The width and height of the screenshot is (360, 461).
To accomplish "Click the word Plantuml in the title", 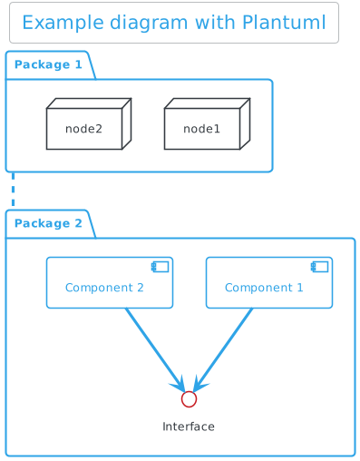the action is (284, 23).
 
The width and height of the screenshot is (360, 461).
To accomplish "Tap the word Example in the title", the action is (63, 24).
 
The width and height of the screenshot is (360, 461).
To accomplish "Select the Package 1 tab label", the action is (48, 64).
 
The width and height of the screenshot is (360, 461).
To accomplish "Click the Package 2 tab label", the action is (48, 223).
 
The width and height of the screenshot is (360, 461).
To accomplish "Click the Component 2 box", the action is (110, 283).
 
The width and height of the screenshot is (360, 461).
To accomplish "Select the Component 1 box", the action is (269, 283).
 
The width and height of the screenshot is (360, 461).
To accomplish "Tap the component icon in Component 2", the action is (160, 267).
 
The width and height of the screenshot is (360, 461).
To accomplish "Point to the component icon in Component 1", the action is (319, 267).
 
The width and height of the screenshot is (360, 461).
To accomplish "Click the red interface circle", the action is (189, 399).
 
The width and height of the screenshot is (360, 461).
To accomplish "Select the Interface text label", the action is (189, 427).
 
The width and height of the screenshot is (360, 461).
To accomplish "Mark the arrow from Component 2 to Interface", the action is (155, 349).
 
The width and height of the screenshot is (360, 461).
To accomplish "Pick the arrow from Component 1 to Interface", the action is (223, 349).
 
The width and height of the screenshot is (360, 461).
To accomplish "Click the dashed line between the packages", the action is (13, 190).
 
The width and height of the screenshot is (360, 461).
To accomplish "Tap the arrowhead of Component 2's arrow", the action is (179, 384).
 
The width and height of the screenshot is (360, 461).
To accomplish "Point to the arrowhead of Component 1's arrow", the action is (199, 384).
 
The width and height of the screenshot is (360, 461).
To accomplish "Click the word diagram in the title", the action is (149, 24).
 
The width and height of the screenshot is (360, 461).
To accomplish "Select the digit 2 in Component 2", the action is (141, 288).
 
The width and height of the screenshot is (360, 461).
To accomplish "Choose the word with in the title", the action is (216, 23).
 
